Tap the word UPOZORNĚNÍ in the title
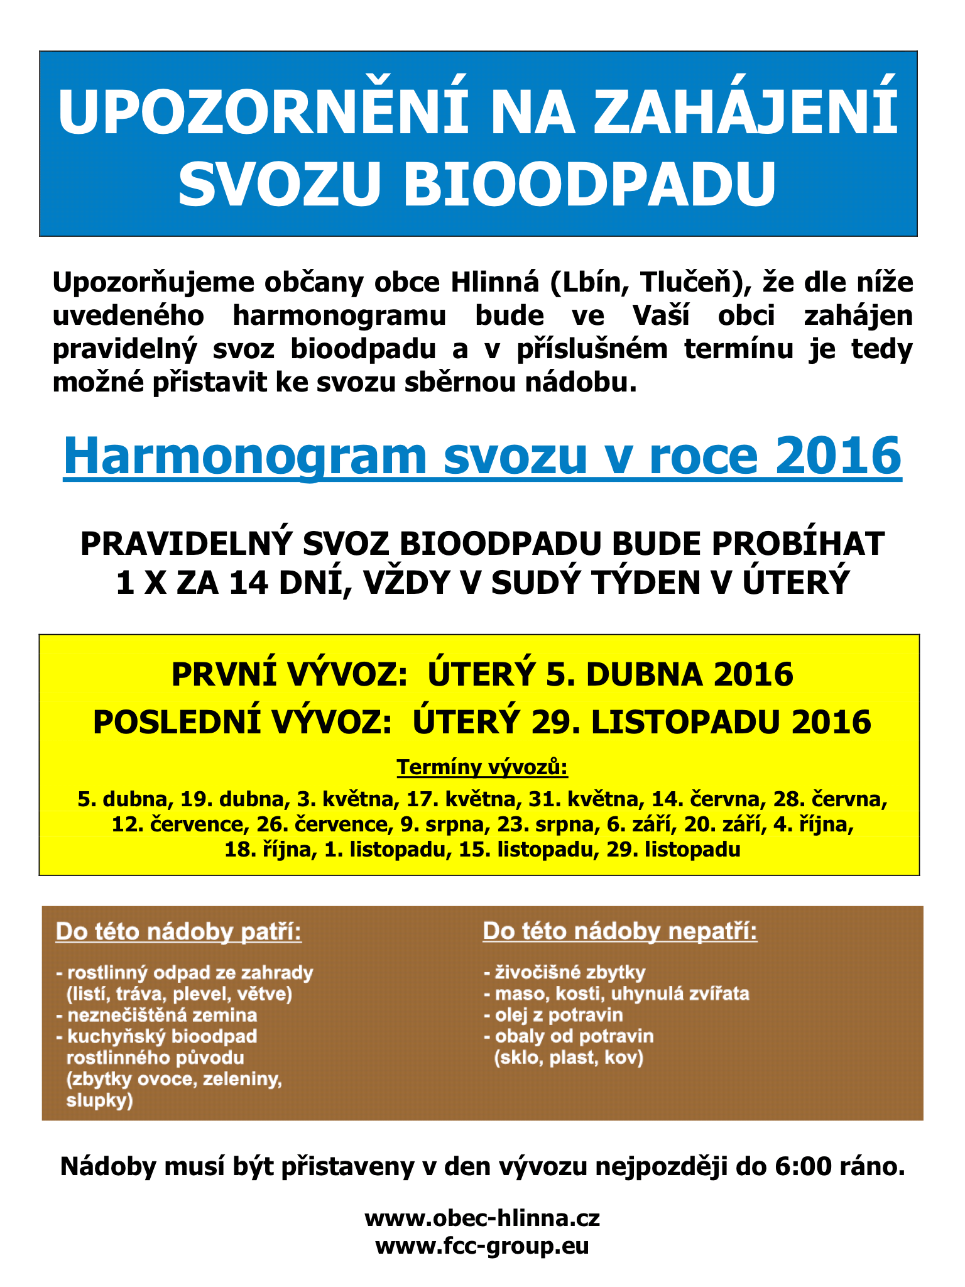[263, 113]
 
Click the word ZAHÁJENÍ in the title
[744, 113]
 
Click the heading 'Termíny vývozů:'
[482, 767]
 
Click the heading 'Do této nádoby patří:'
[179, 932]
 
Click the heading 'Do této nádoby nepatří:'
[620, 932]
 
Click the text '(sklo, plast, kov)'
[569, 1058]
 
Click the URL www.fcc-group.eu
[482, 1245]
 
